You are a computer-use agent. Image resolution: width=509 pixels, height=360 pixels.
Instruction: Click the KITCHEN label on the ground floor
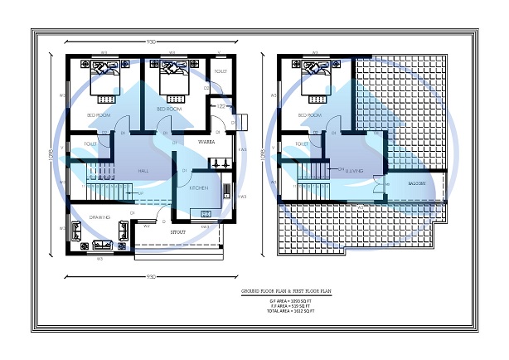pyautogui.click(x=198, y=189)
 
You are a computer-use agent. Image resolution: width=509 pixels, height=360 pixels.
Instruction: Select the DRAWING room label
pyautogui.click(x=100, y=217)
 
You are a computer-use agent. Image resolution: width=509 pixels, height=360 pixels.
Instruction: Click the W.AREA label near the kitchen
pyautogui.click(x=207, y=143)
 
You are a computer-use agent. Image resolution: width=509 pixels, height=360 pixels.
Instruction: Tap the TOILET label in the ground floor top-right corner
pyautogui.click(x=220, y=72)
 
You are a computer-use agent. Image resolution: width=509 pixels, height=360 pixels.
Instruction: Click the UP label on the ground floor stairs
pyautogui.click(x=141, y=194)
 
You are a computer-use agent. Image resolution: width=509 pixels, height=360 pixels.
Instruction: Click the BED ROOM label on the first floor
pyautogui.click(x=308, y=114)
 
